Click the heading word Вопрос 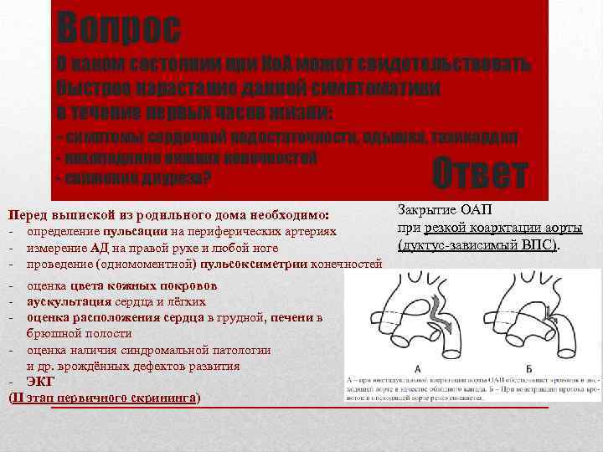(118, 28)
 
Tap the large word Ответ (481, 173)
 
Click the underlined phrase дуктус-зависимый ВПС (478, 245)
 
